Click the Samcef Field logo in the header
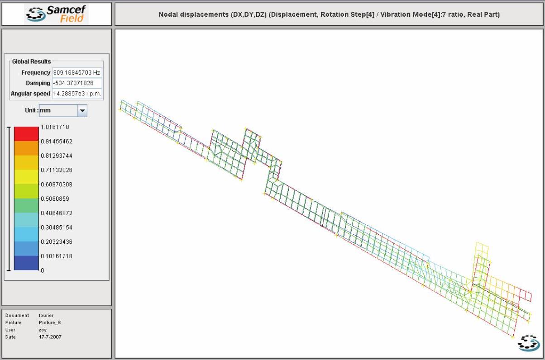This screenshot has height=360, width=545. (x=57, y=14)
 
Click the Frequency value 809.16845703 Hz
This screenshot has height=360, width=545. (x=76, y=72)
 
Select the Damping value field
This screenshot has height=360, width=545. (x=77, y=83)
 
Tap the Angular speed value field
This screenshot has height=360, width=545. (x=77, y=94)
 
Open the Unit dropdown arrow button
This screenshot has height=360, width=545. (x=82, y=111)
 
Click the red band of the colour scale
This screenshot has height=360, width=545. (x=26, y=134)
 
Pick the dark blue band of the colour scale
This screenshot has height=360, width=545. (x=26, y=263)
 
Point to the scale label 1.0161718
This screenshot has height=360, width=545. (x=55, y=127)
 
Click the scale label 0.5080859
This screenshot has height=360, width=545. (x=55, y=199)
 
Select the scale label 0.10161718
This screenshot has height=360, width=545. (x=57, y=256)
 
